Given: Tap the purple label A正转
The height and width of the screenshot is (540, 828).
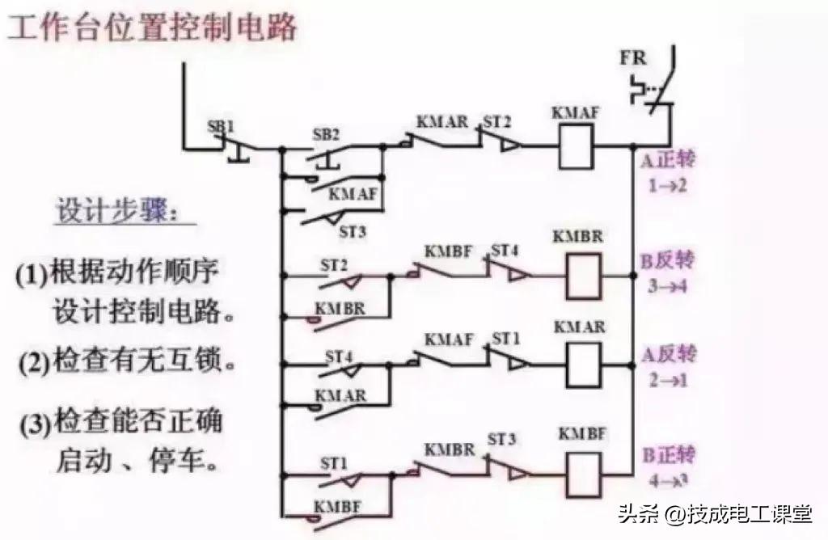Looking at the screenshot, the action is tap(668, 158).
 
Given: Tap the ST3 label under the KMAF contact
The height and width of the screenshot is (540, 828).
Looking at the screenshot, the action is tap(353, 232).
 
